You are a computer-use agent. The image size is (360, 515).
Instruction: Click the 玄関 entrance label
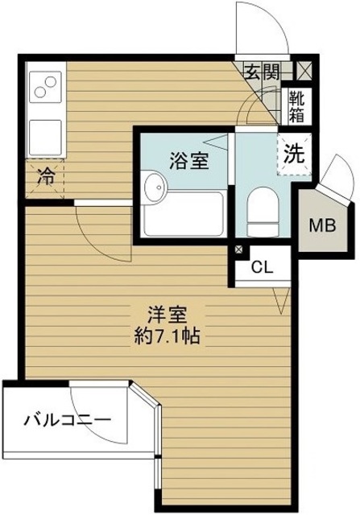tap(263, 71)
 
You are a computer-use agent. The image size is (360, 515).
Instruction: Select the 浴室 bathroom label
tap(190, 159)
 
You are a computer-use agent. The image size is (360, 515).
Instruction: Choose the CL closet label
tap(260, 268)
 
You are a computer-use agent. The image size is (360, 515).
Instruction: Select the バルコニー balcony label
tap(66, 419)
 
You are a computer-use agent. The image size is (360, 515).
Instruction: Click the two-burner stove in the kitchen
tap(47, 85)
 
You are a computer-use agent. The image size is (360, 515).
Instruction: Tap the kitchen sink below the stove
tap(45, 136)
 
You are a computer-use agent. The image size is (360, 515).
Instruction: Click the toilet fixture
tap(261, 211)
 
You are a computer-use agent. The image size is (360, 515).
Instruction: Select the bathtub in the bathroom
tap(185, 216)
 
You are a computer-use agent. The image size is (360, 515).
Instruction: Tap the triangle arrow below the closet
tap(281, 303)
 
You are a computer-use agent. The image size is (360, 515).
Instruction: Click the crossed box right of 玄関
tap(304, 71)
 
